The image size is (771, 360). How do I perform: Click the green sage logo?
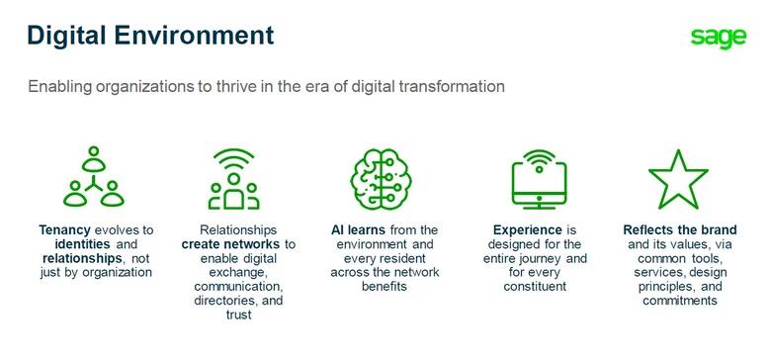[719, 38]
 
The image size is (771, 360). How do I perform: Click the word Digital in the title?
[66, 36]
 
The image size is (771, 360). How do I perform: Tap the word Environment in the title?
[194, 35]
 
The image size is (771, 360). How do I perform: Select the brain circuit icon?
[382, 179]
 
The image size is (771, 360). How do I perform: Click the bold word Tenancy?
[65, 230]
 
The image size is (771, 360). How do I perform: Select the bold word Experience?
[528, 230]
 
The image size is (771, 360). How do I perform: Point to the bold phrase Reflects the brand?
[680, 229]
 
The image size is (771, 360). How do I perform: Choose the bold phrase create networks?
[230, 244]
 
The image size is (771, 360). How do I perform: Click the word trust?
[238, 315]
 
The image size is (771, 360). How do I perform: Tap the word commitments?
[680, 301]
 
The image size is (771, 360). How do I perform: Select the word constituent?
[535, 286]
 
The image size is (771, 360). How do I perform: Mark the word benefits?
[385, 286]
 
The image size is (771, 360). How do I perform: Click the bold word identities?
[83, 244]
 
